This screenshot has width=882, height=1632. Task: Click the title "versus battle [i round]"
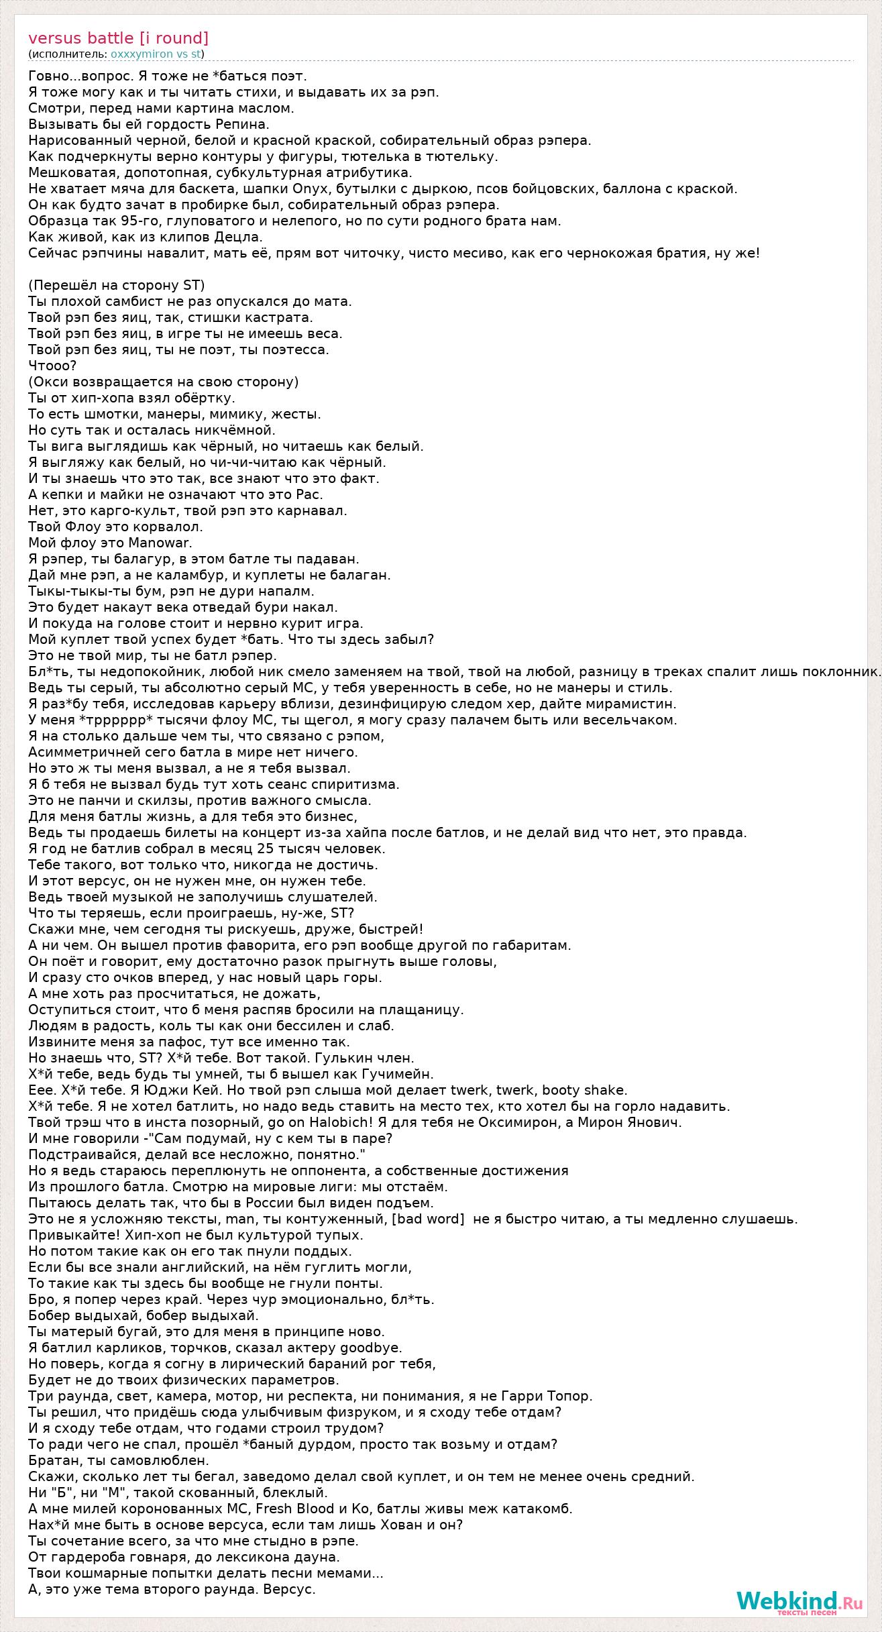(x=118, y=38)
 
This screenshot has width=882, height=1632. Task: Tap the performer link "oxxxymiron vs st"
(x=156, y=54)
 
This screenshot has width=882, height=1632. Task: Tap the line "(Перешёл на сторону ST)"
(x=116, y=285)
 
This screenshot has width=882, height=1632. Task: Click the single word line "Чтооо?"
(x=52, y=366)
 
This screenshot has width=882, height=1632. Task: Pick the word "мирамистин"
(x=636, y=704)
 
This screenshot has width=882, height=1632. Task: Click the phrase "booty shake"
(x=584, y=1090)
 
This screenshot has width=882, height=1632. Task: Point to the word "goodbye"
(x=371, y=1348)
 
